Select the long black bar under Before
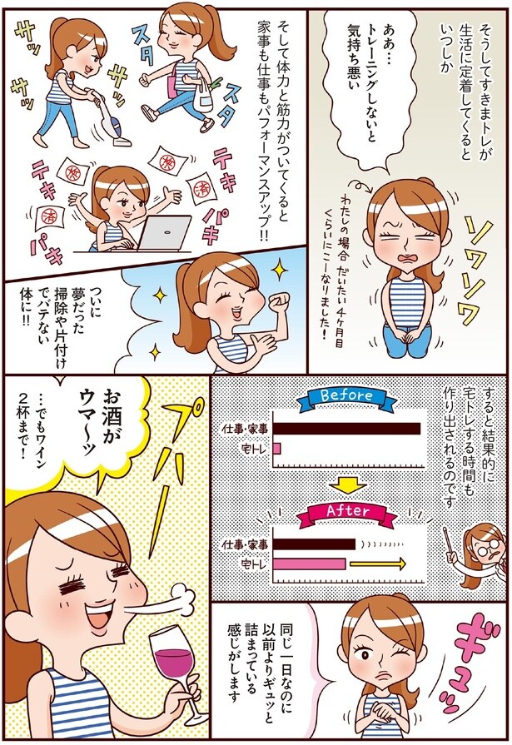346,429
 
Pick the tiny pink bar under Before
276,449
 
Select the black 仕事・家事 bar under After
314,544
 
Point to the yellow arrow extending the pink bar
377,564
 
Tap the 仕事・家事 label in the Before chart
245,429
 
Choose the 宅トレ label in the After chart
252,564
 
